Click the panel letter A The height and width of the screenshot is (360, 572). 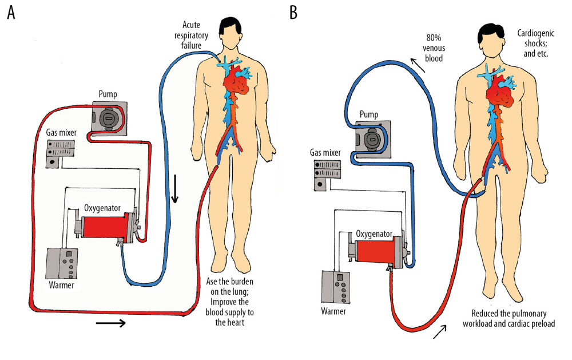(11, 13)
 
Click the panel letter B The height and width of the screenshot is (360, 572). (294, 13)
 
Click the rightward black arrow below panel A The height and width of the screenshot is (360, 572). (111, 323)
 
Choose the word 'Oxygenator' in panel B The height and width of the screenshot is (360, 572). (374, 234)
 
